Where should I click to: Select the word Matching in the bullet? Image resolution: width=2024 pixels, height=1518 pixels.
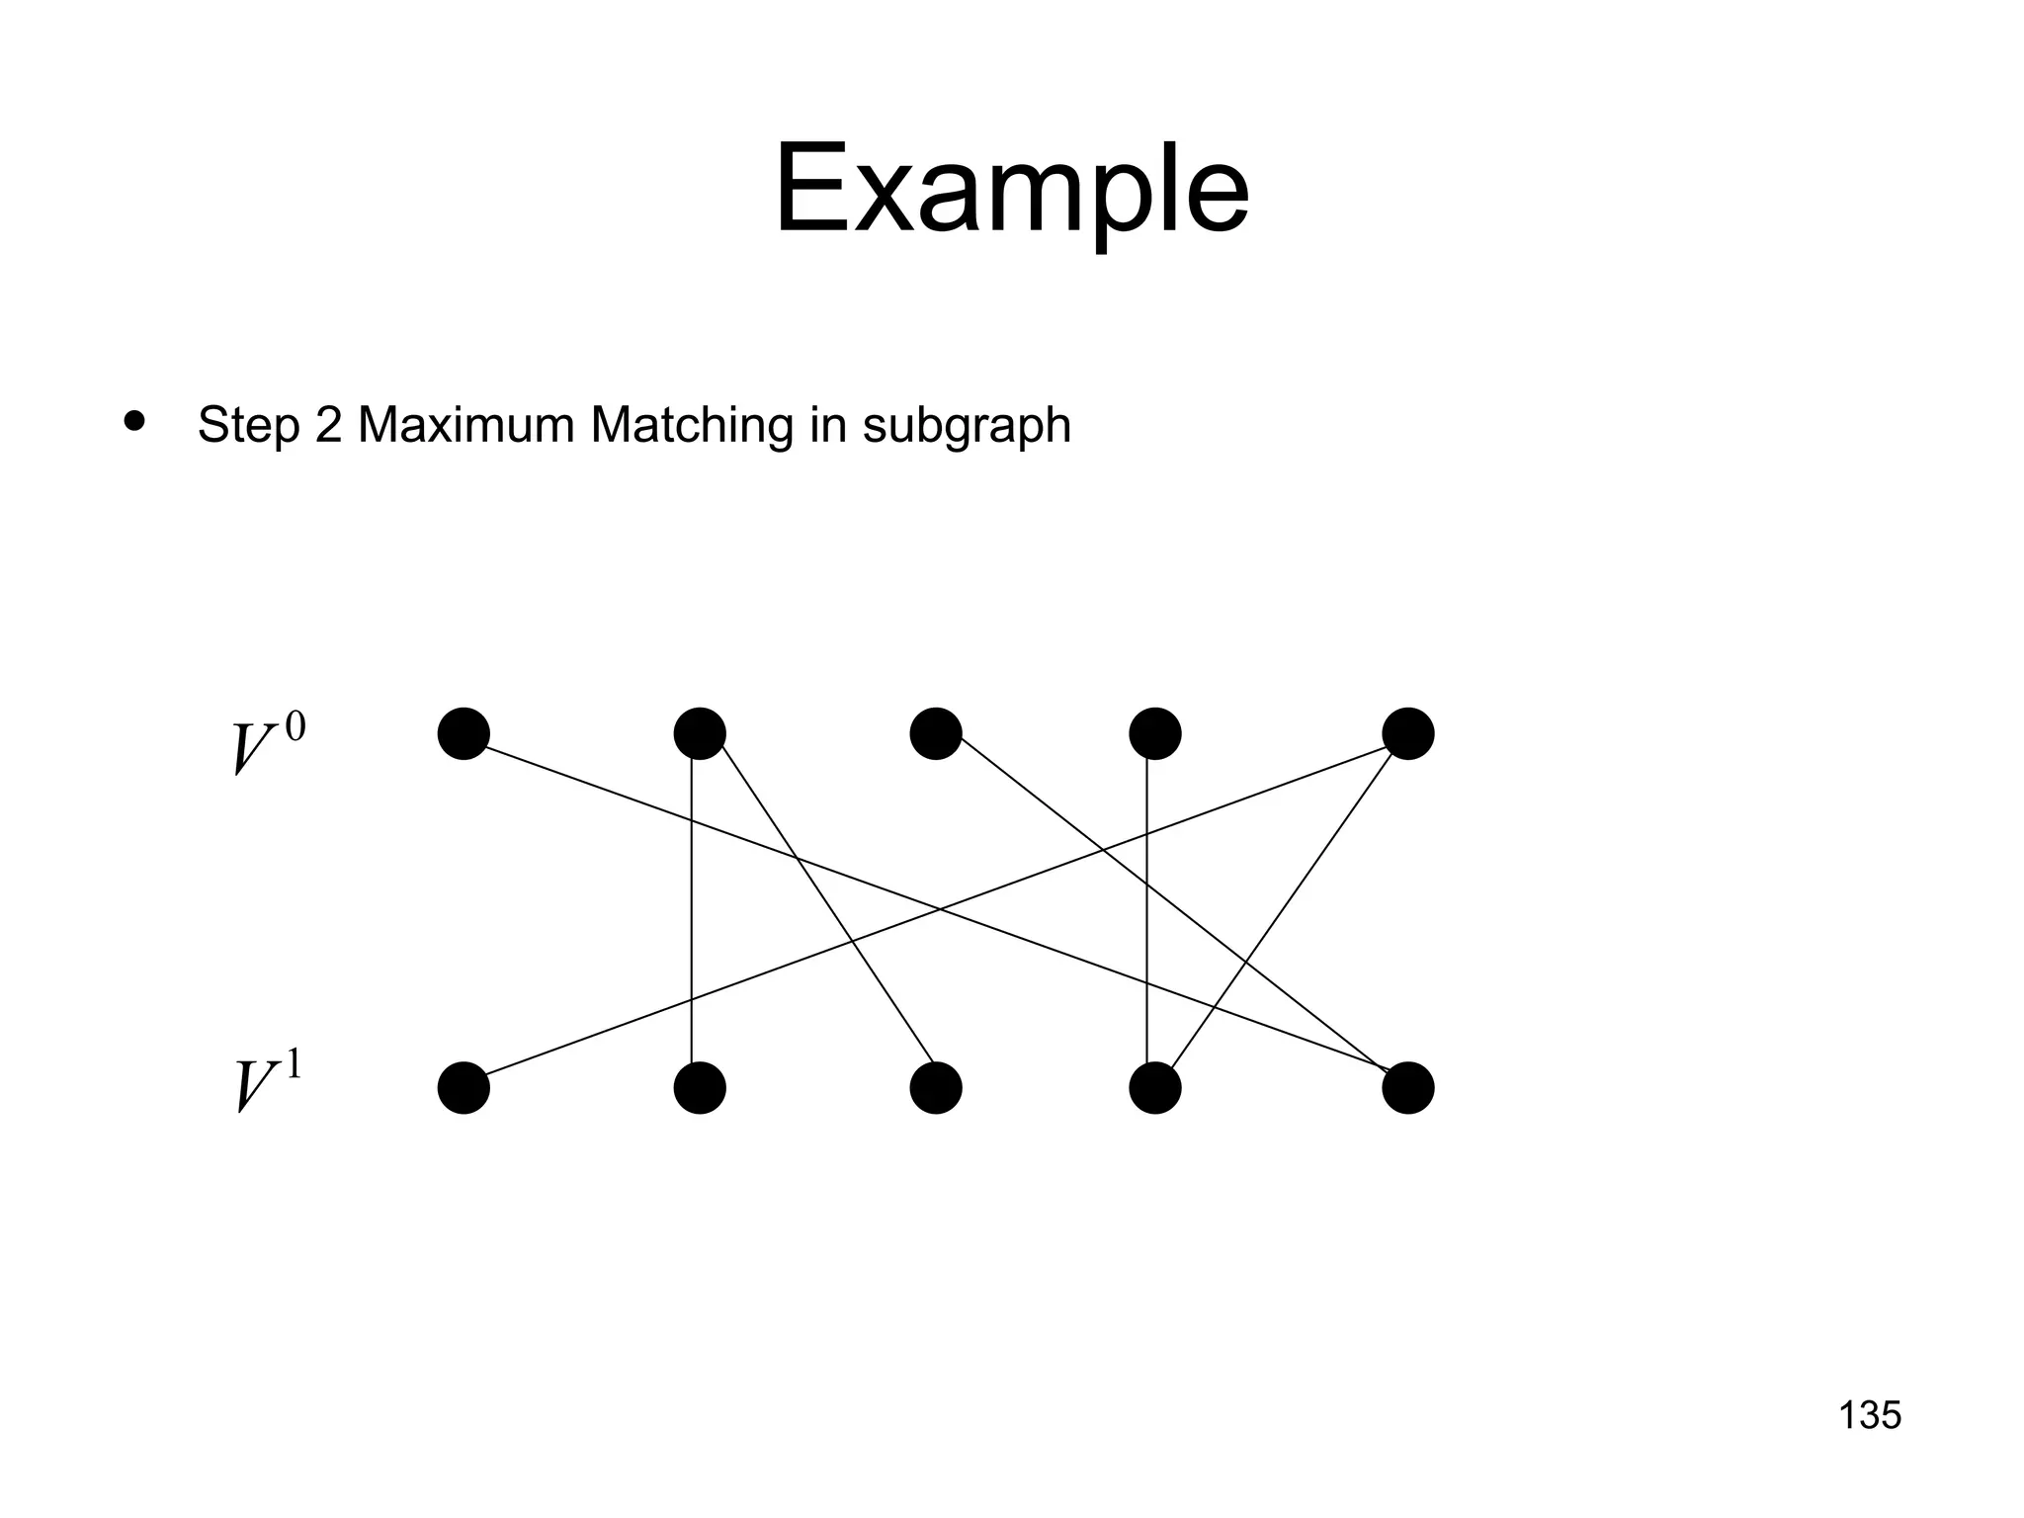click(692, 427)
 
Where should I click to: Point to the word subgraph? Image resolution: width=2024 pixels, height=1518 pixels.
click(967, 427)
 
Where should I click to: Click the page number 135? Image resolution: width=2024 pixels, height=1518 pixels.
click(1870, 1415)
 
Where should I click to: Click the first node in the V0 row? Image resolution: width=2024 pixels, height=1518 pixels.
click(464, 733)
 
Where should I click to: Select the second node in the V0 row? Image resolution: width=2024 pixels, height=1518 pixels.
click(700, 733)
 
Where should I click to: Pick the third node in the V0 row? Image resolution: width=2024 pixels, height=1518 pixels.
click(936, 733)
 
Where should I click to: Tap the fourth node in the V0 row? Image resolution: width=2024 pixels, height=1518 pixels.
click(1154, 733)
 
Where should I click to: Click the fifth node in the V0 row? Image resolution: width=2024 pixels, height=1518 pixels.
click(1407, 733)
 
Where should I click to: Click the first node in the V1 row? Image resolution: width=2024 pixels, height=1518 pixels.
click(464, 1087)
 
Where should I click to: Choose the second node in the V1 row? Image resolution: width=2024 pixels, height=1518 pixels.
click(700, 1087)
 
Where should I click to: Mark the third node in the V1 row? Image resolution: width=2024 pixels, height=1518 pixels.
click(936, 1087)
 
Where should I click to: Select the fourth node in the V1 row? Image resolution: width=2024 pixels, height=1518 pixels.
click(1154, 1087)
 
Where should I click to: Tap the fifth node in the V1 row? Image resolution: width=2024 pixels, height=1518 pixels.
click(1407, 1087)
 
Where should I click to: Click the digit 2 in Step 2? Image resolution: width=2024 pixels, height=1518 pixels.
click(327, 425)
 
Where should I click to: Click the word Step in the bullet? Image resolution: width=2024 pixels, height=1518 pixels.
click(248, 427)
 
